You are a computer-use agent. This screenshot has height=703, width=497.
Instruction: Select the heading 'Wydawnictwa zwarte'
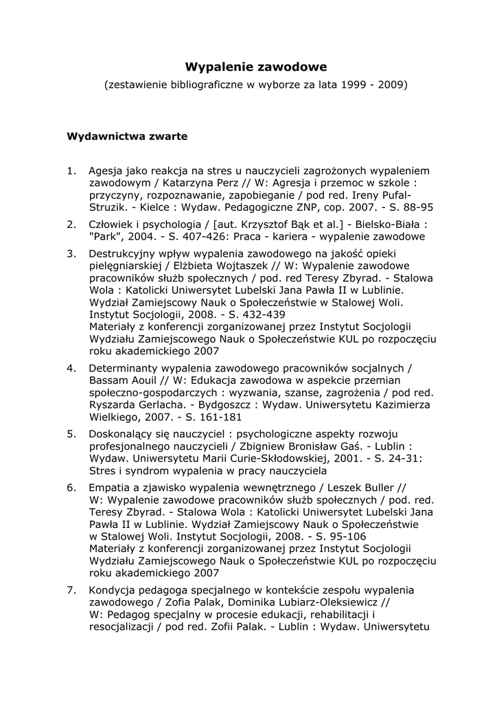point(127,136)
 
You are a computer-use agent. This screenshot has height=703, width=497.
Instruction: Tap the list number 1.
point(71,170)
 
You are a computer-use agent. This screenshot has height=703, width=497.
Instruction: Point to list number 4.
point(71,368)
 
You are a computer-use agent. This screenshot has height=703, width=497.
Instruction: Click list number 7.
point(71,590)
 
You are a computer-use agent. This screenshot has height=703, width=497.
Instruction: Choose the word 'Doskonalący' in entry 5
point(122,435)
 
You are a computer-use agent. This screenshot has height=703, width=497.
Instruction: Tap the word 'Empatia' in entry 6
point(109,487)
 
